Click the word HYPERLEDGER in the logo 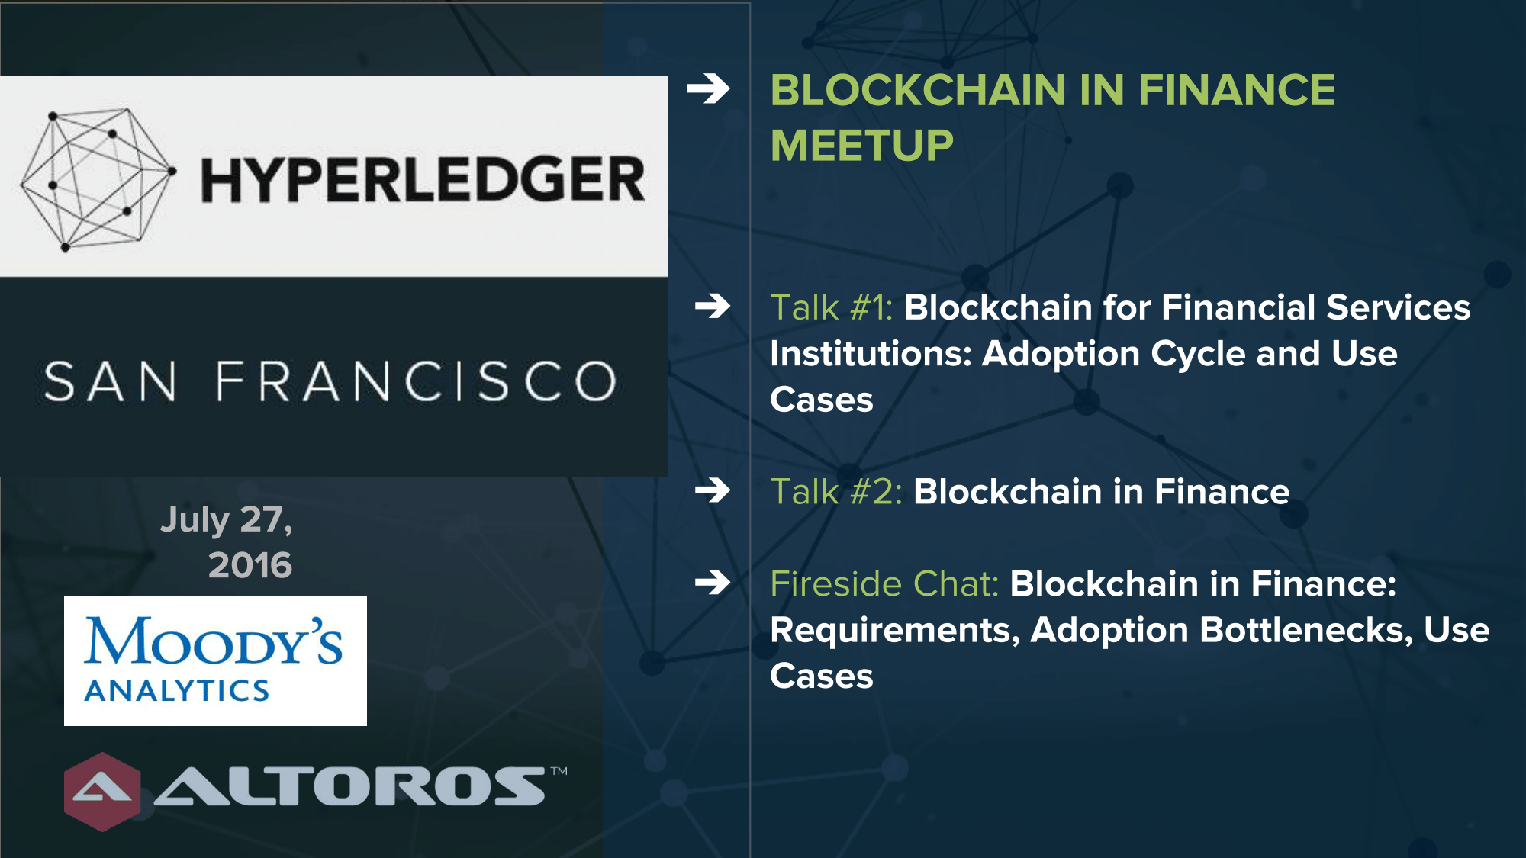pos(423,180)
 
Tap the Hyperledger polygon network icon pos(98,180)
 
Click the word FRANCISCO pos(416,381)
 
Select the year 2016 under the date pos(250,565)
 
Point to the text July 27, pos(227,520)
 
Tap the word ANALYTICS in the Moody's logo pos(177,691)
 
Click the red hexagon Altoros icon pos(102,792)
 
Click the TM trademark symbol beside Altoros pos(559,771)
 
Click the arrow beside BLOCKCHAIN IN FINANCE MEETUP pos(708,89)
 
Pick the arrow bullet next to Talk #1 pos(713,307)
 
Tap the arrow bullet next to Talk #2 pos(713,490)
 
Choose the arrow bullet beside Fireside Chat pos(713,583)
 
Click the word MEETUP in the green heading pos(862,146)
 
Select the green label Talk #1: pos(832,308)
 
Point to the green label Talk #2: pos(836,492)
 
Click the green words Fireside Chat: pos(884,584)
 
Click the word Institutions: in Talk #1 pos(871,354)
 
